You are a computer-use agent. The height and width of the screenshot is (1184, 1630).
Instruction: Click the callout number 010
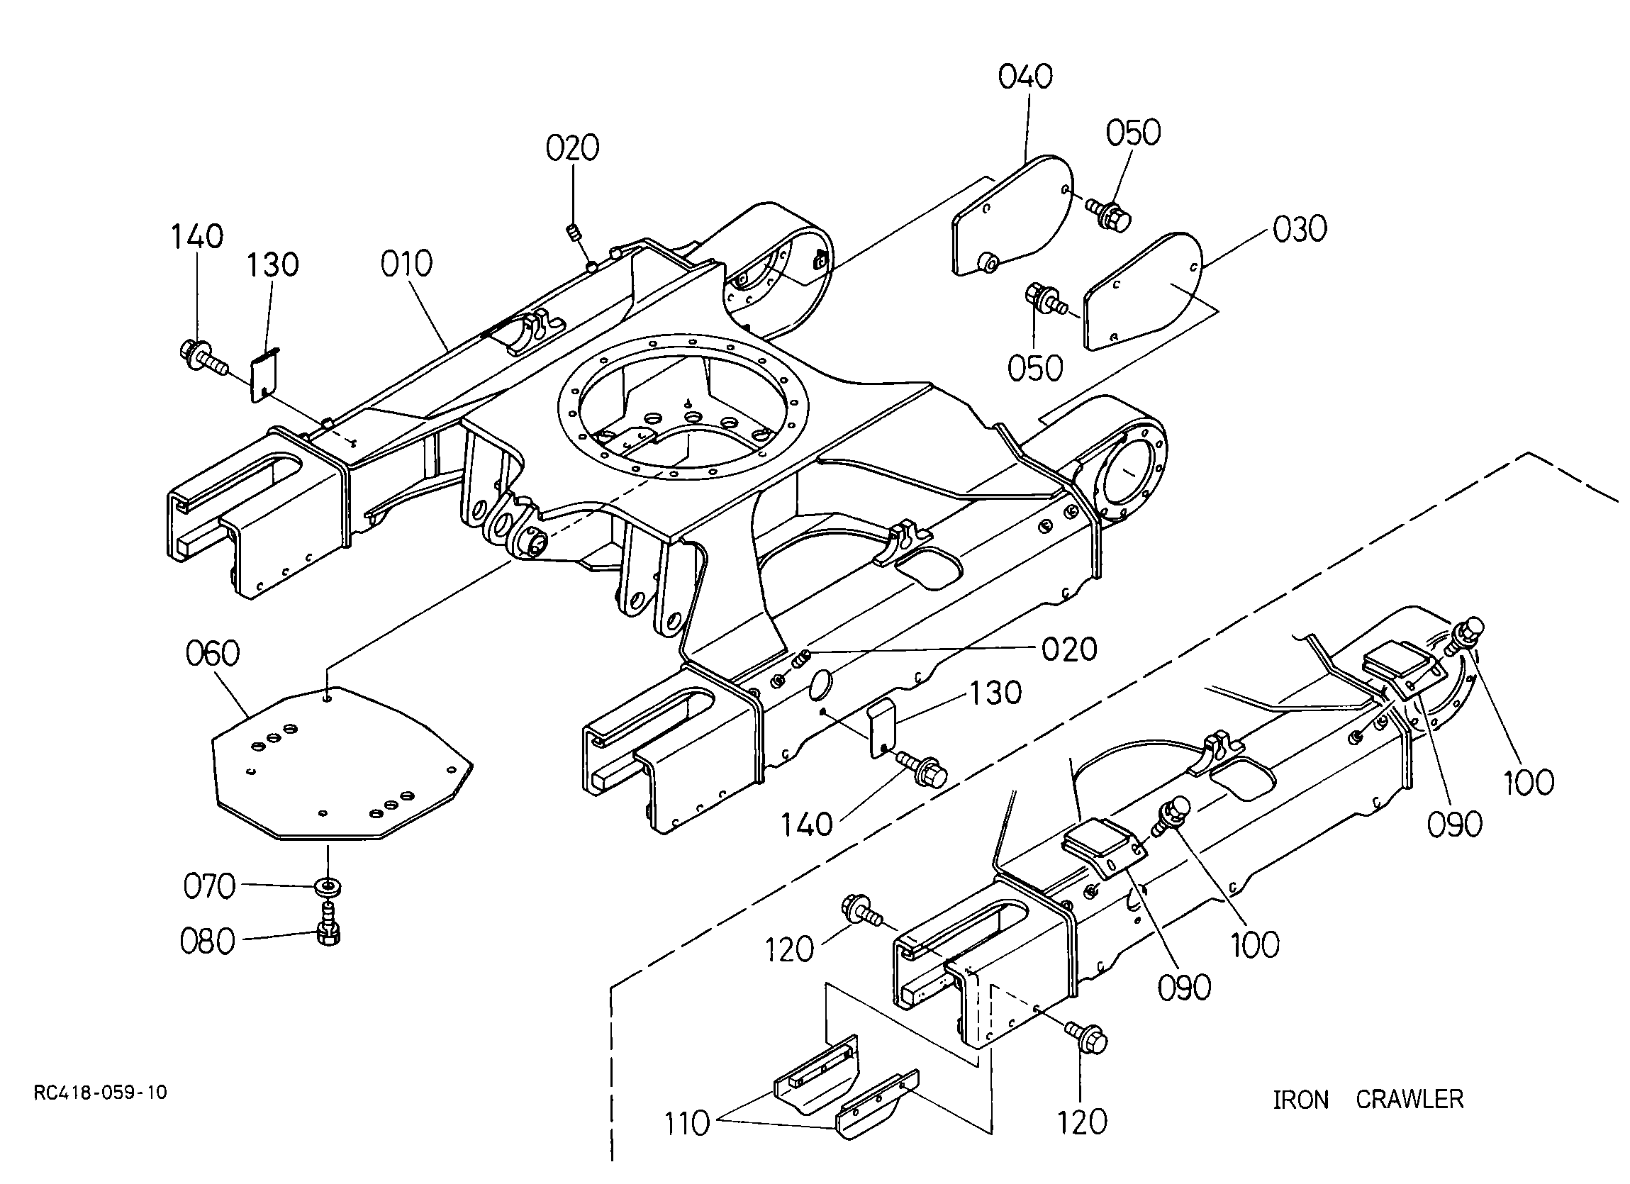pos(407,264)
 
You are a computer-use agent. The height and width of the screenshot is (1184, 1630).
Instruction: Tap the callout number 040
pos(1026,77)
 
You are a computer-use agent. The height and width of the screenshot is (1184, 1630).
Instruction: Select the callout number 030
pos(1300,229)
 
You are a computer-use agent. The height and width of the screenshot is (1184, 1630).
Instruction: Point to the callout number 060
pos(213,654)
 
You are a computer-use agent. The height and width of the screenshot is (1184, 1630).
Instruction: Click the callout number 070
pos(210,886)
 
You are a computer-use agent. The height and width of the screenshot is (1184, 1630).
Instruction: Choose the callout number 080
pos(208,942)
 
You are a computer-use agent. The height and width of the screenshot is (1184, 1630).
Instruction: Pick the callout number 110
pos(686,1124)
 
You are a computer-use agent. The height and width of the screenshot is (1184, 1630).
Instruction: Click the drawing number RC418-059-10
pos(101,1093)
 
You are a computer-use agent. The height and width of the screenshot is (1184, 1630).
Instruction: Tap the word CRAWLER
pos(1410,1100)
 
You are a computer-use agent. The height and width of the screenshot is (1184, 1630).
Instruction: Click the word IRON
pos(1301,1100)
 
